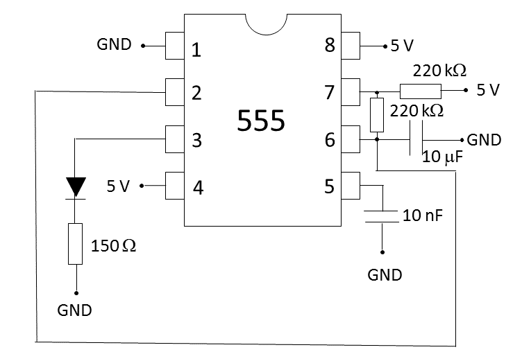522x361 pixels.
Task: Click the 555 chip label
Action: pyautogui.click(x=261, y=121)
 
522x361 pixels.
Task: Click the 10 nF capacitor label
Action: pyautogui.click(x=423, y=215)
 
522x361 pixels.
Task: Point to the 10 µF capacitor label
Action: pyautogui.click(x=442, y=157)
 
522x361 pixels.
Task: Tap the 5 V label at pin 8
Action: pyautogui.click(x=402, y=46)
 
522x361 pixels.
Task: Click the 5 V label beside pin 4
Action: pyautogui.click(x=119, y=186)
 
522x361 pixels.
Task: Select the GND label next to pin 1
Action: pyautogui.click(x=114, y=45)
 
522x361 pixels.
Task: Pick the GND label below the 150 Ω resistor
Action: pyautogui.click(x=74, y=310)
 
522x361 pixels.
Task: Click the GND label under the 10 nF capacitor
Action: pyautogui.click(x=385, y=275)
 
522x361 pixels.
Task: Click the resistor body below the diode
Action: pyautogui.click(x=76, y=243)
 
